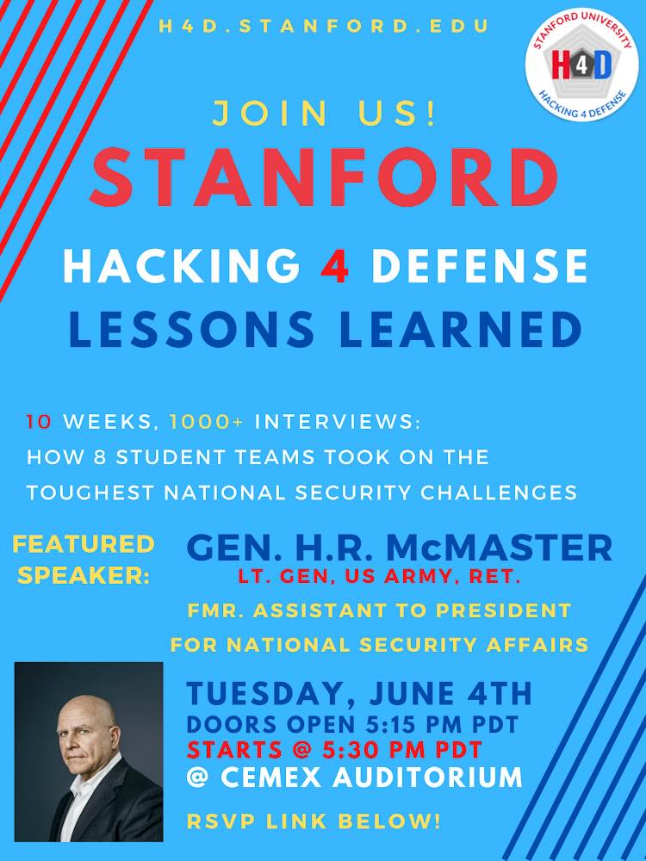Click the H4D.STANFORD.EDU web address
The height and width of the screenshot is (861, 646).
click(324, 27)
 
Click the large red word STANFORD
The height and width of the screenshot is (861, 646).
click(324, 177)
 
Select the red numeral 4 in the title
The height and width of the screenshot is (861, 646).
click(335, 265)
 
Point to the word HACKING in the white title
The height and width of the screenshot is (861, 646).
click(182, 265)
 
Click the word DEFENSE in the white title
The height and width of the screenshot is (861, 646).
click(479, 265)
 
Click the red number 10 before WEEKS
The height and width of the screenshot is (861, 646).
click(39, 422)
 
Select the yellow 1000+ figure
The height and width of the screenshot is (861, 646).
click(206, 422)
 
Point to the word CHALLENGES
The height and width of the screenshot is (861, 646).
click(499, 492)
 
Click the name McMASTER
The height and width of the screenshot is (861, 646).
click(498, 548)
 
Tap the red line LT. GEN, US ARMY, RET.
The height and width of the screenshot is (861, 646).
click(379, 577)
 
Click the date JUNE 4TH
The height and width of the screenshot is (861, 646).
click(450, 693)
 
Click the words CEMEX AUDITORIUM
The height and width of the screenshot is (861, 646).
click(370, 777)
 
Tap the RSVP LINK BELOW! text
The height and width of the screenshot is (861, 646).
click(314, 821)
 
